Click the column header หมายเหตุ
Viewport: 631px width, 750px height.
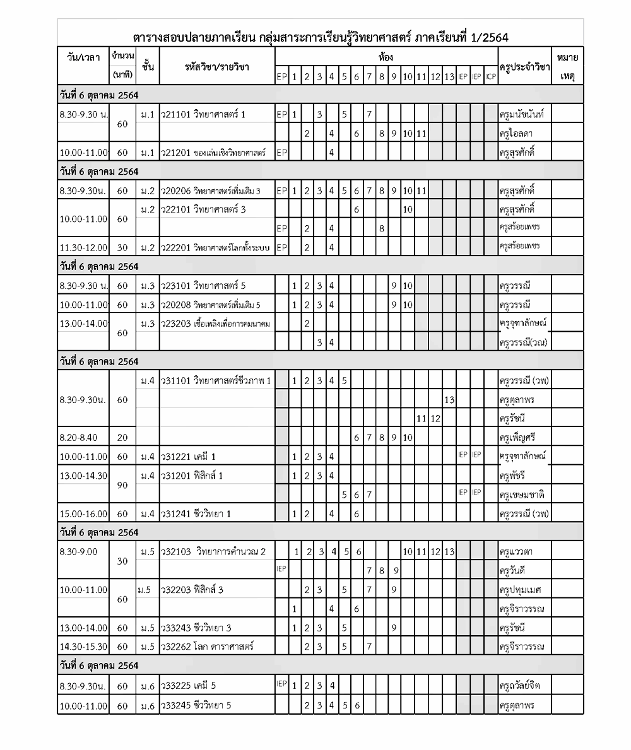point(567,66)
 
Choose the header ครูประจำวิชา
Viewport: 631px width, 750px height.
point(524,67)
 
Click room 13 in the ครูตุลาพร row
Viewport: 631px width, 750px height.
point(449,399)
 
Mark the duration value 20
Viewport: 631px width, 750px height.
point(122,437)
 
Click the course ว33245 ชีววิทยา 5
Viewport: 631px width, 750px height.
point(197,705)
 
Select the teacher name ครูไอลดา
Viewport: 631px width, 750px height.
point(517,134)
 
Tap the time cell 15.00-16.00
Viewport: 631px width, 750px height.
point(83,513)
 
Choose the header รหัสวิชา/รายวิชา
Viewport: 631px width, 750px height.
point(216,66)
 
